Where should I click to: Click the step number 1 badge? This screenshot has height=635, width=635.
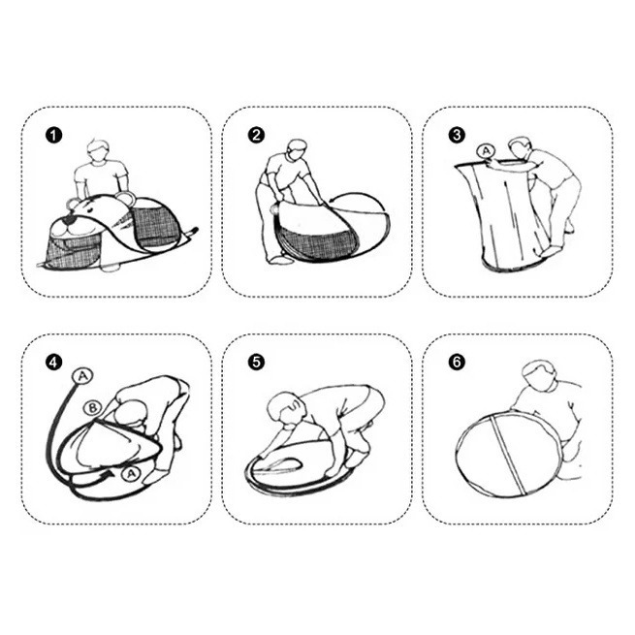point(54,135)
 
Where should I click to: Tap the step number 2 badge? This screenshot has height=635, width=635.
point(256,135)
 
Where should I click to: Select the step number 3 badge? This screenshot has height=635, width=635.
point(457,135)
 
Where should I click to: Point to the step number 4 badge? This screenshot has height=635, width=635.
point(54,362)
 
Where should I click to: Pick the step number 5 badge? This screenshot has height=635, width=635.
point(256,362)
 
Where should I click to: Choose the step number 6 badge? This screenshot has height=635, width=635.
point(457,362)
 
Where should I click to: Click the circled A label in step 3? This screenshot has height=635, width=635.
point(487,150)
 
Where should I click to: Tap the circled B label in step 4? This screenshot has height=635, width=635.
point(92,408)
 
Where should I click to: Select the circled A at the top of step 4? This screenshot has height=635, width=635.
point(82,376)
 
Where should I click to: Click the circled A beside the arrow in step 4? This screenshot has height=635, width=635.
point(131,473)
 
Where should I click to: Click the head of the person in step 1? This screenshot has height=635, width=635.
point(99,150)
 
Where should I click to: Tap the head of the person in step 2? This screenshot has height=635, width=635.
point(298,150)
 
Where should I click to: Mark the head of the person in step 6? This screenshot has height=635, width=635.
point(538,375)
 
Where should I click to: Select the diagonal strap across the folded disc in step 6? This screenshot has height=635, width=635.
point(508,455)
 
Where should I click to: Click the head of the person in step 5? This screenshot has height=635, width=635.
point(286,408)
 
